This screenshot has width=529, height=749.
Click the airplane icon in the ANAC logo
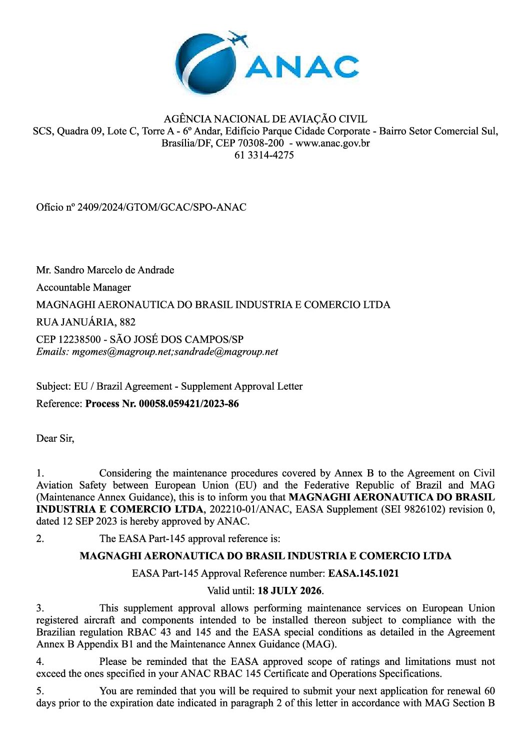pos(238,39)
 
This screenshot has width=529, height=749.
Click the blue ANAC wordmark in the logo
pos(302,67)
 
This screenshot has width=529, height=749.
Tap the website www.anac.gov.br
pos(333,143)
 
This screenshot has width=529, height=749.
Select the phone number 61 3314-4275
pos(264,155)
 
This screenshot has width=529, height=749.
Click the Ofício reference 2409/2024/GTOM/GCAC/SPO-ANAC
pos(161,207)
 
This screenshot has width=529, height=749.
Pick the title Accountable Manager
pos(83,288)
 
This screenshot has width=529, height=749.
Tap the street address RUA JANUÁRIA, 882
pos(86,322)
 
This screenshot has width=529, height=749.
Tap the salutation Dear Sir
pos(54,439)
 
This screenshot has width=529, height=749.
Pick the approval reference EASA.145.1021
pos(363,573)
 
